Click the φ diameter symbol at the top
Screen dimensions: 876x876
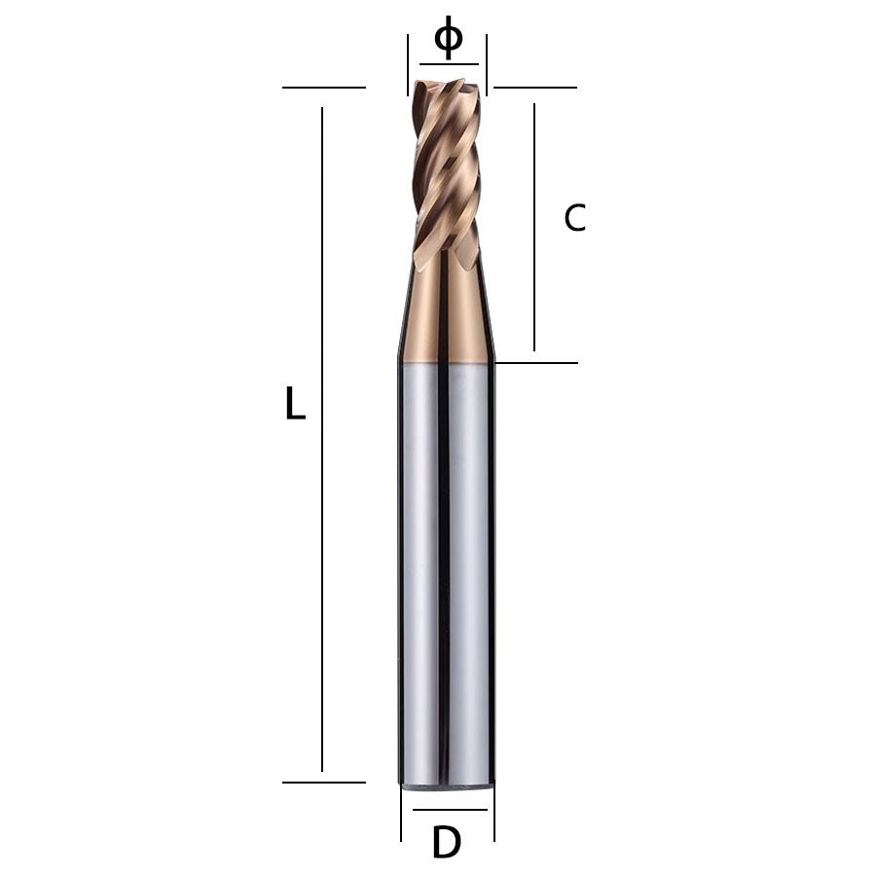pyautogui.click(x=448, y=39)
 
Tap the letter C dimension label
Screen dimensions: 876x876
pyautogui.click(x=575, y=218)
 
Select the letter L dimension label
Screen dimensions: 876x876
pyautogui.click(x=295, y=403)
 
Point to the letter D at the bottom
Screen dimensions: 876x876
pyautogui.click(x=446, y=843)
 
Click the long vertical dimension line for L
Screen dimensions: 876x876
pyautogui.click(x=322, y=438)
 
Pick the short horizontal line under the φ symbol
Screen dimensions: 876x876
pyautogui.click(x=449, y=64)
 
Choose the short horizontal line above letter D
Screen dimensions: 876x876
pyautogui.click(x=449, y=809)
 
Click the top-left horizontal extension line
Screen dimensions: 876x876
pyautogui.click(x=323, y=88)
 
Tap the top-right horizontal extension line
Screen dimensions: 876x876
pyautogui.click(x=534, y=88)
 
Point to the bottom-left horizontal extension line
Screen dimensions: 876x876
pyautogui.click(x=323, y=782)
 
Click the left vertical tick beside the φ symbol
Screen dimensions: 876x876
pyautogui.click(x=408, y=64)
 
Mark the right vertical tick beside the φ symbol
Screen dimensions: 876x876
pyautogui.click(x=487, y=64)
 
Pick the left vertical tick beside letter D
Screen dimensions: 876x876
pyautogui.click(x=401, y=812)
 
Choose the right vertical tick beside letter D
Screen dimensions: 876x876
pyautogui.click(x=494, y=812)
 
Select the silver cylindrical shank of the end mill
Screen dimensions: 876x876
pyautogui.click(x=448, y=574)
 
